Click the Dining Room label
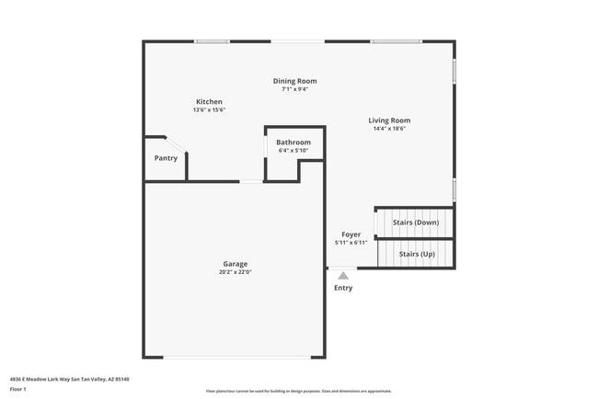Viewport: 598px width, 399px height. coord(294,81)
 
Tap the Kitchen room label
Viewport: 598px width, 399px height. coord(209,101)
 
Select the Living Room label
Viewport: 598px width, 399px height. coord(389,120)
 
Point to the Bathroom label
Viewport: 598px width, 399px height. coord(293,142)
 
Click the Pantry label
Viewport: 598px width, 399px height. coord(166,158)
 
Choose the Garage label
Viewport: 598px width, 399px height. coord(235,264)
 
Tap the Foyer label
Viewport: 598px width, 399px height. coord(351,234)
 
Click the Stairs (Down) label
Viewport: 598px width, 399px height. coord(416,222)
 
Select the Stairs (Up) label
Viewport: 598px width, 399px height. coord(414,254)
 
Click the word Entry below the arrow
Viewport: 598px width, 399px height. coord(343,288)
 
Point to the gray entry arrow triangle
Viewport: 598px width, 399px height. coord(343,275)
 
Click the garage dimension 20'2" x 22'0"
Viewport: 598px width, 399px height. coord(235,272)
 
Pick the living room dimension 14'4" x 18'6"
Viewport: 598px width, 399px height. coord(389,129)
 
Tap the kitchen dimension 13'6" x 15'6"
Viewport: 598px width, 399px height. coord(209,109)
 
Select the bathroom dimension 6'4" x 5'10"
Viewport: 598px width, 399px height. coord(293,151)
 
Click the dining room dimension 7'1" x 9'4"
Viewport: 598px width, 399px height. coord(294,89)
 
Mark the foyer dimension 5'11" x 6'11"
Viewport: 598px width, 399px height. coord(351,243)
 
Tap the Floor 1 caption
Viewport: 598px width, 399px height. coord(19,389)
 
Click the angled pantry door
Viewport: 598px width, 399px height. coord(174,146)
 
